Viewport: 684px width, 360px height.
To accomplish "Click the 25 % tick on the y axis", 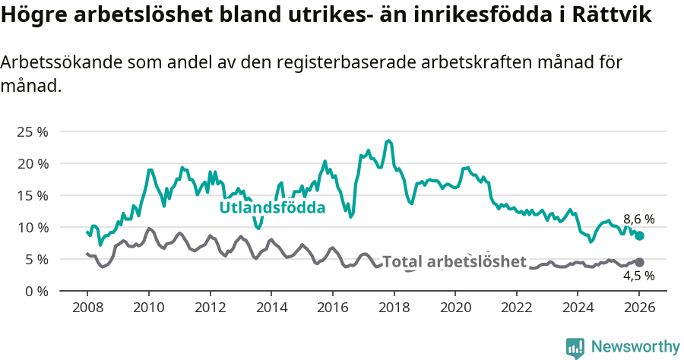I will coord(33,131).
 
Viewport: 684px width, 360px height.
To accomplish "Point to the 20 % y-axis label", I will coord(33,163).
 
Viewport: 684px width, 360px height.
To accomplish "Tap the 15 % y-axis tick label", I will coord(33,195).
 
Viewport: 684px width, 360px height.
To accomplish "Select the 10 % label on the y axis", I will coord(33,227).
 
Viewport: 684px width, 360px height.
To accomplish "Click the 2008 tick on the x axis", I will coord(87,309).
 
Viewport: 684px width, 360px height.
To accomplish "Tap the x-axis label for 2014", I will coord(271,309).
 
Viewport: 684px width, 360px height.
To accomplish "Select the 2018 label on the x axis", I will coord(394,309).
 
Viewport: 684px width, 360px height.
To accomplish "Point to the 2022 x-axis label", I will coord(516,309).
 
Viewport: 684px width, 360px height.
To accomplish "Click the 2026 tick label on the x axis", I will coord(639,309).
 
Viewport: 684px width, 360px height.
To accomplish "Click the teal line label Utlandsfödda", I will coord(272,207).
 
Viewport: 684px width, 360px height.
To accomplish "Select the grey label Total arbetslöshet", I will coord(454,261).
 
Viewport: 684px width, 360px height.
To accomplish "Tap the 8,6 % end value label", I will coord(638,219).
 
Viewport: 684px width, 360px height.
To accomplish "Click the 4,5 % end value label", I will coord(638,276).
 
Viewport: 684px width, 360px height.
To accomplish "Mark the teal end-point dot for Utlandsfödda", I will coord(640,236).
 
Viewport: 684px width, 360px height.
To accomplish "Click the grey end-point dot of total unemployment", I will coord(640,262).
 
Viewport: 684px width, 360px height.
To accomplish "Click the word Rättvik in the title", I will coord(610,15).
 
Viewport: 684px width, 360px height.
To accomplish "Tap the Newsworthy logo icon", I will coord(575,348).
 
